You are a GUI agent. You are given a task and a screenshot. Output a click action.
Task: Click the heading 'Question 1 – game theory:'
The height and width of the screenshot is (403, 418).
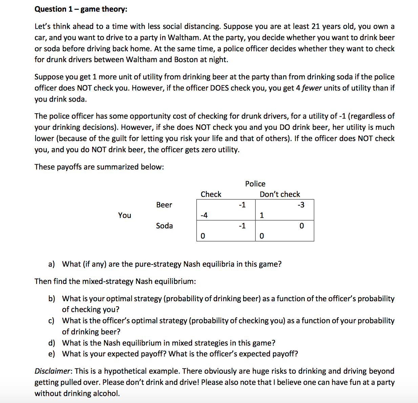click(x=81, y=9)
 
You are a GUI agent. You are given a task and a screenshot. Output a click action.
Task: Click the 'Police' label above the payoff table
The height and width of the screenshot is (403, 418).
click(x=255, y=184)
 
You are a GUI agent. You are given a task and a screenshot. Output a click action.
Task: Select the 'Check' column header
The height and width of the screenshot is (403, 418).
click(x=211, y=194)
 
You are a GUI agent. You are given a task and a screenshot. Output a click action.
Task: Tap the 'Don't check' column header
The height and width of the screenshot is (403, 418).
click(x=280, y=194)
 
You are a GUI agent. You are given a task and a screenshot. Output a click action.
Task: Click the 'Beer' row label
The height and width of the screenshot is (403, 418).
click(x=164, y=205)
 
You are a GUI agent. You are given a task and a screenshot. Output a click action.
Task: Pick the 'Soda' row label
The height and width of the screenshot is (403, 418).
click(x=164, y=226)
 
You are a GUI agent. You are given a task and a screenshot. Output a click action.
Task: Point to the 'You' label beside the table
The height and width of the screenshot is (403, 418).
click(x=124, y=215)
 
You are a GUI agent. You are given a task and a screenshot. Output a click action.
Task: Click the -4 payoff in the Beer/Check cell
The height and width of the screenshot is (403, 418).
click(x=204, y=215)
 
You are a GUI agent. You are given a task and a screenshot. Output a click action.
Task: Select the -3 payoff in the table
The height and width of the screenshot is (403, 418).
click(x=301, y=205)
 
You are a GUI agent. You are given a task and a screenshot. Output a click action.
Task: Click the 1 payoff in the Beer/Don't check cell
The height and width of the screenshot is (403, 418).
click(x=262, y=215)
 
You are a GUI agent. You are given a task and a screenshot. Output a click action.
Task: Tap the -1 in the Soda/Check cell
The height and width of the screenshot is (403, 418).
click(x=242, y=226)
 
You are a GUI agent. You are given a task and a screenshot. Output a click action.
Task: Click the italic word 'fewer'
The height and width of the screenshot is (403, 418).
click(x=312, y=88)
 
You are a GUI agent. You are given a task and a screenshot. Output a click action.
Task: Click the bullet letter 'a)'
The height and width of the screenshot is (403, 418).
click(x=51, y=264)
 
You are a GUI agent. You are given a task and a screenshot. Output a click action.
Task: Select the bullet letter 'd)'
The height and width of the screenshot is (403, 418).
click(x=51, y=343)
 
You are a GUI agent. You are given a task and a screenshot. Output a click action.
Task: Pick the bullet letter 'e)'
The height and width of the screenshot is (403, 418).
click(x=51, y=354)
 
